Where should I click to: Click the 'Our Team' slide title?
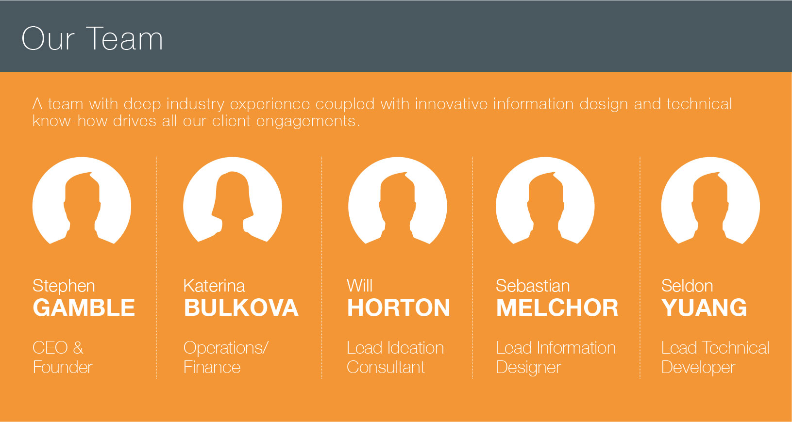92,38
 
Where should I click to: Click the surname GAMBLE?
84,308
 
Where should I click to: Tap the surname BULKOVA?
241,308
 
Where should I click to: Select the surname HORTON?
399,308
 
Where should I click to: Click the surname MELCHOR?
557,308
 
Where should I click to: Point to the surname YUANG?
704,308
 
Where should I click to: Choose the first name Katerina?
214,286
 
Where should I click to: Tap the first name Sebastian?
533,286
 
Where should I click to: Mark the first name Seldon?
687,286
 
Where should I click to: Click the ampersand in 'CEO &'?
78,348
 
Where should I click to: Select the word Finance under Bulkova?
212,367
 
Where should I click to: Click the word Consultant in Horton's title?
386,367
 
